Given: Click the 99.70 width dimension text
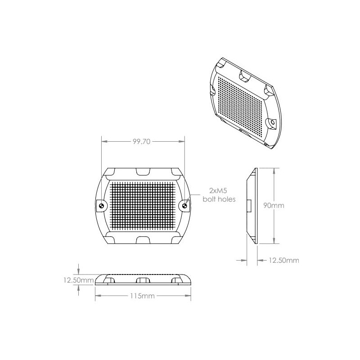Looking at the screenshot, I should pos(142,141).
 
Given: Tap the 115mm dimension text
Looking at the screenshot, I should pos(142,296).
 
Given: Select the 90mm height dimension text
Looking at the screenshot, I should pos(274,206).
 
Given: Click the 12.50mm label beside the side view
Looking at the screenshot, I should pos(284,260).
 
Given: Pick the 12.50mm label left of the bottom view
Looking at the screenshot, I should pos(78,280).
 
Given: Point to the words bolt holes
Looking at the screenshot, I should pos(219,198).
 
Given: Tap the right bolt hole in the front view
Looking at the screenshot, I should pos(184,206).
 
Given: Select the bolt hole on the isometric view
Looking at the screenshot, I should pos(272,122).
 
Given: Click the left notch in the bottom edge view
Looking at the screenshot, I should pos(108,281).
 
